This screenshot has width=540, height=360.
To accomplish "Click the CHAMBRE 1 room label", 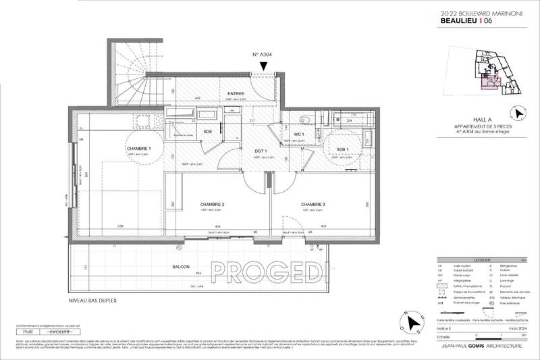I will (139, 149).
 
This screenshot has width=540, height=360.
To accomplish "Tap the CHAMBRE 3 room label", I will (313, 204).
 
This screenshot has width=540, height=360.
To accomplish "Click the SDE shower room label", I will (190, 131).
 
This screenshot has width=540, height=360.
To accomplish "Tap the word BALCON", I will (180, 267).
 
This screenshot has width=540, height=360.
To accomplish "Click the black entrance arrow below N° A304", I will (263, 66).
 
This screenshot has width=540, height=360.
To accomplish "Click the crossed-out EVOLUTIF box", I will (59, 333).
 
